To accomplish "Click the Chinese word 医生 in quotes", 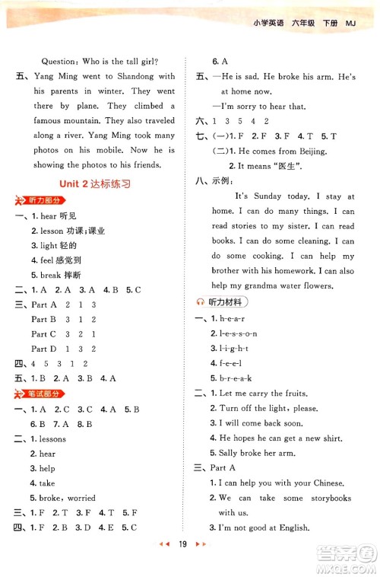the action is coord(295,166).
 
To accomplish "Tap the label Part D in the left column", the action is coord(44,349).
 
